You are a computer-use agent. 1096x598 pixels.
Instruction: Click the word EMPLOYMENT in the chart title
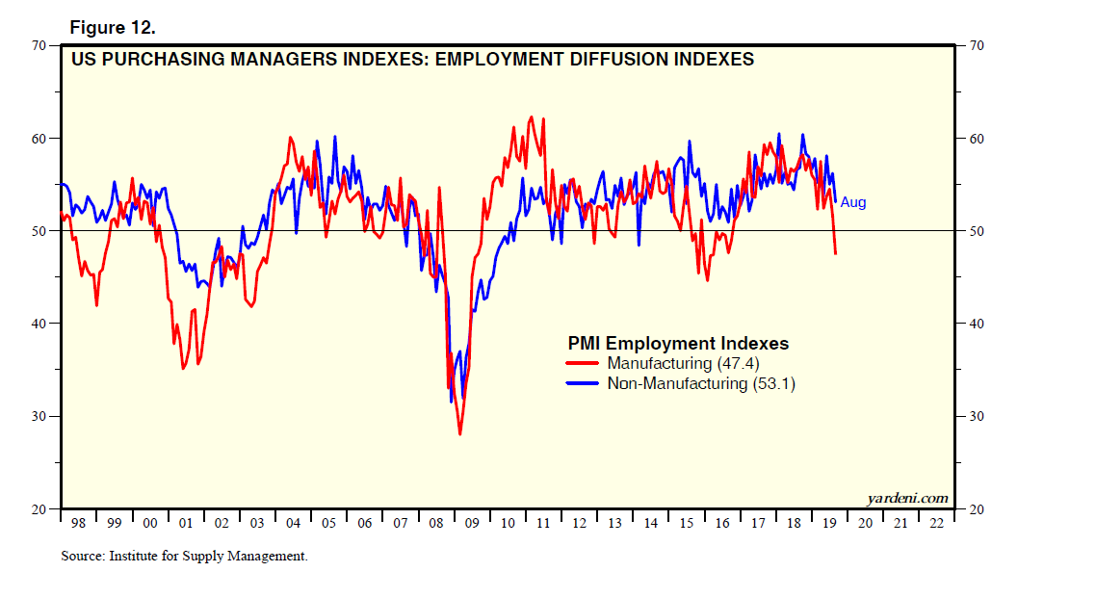coord(492,59)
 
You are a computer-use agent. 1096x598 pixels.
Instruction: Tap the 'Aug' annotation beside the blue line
coord(853,203)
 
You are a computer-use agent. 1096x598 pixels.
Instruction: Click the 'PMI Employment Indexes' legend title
coord(677,343)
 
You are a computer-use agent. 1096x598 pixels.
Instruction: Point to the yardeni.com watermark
coord(907,498)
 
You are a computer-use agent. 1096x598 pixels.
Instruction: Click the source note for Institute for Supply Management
coord(183,556)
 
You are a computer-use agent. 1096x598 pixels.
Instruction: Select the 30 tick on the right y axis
coord(975,416)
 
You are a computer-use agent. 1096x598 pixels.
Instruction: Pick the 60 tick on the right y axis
coord(975,139)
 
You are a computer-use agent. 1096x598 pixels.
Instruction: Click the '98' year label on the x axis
coord(78,522)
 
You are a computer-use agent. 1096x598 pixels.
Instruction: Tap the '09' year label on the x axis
coord(472,522)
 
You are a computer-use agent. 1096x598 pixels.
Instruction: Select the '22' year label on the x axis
coord(936,522)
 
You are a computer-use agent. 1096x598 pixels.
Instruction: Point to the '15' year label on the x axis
coord(687,522)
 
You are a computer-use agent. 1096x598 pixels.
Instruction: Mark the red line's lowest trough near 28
coord(460,434)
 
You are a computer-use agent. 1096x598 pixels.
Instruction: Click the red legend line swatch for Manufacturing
coord(583,363)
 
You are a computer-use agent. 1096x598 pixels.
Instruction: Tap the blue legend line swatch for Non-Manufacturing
coord(583,383)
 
